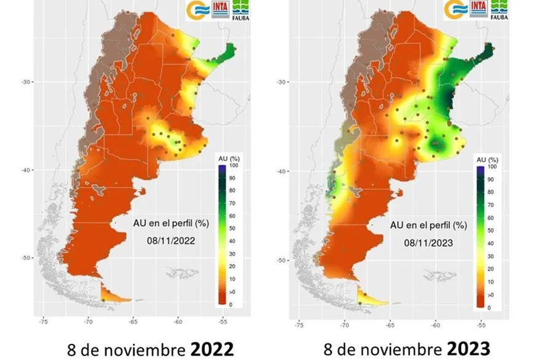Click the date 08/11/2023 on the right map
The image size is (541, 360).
[x=428, y=243]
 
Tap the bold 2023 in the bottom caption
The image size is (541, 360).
[x=469, y=349]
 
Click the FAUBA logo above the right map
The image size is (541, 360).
[x=499, y=9]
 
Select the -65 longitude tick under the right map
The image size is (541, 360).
[x=390, y=324]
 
